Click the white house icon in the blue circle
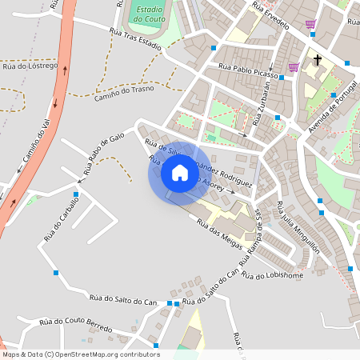coord(180,173)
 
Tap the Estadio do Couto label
coord(150,14)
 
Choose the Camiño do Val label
coord(31,142)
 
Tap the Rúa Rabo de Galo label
coord(104,154)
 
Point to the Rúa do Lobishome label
coord(273,276)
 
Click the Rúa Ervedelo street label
coord(270,16)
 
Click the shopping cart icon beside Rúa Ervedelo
coord(310,24)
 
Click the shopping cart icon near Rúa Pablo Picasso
coord(294,67)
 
